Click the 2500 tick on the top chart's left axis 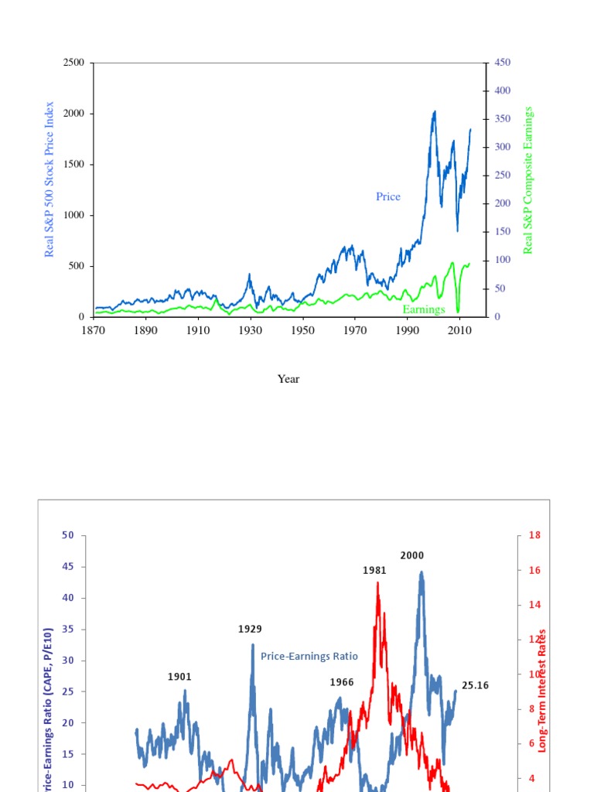73,63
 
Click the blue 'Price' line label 388,196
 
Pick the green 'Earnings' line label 424,309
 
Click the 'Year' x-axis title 288,379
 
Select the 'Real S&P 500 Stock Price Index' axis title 50,179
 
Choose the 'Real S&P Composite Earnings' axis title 529,180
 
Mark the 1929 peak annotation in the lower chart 250,629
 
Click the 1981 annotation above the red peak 374,570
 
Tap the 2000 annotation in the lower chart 412,555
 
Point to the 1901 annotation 179,677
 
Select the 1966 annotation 341,682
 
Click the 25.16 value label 475,685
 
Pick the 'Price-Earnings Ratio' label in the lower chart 309,656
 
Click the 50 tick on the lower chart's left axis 69,535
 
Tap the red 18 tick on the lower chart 534,535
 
